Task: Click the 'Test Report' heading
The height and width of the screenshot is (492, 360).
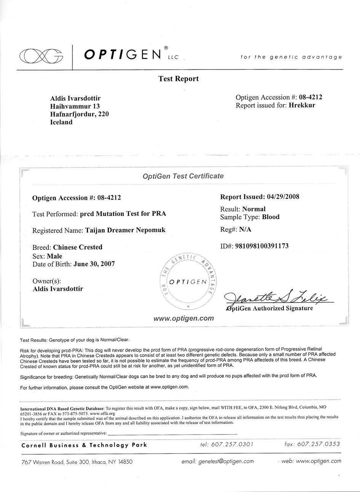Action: (178, 79)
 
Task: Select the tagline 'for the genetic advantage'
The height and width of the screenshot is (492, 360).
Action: (291, 57)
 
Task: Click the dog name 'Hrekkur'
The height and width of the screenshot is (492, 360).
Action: (302, 105)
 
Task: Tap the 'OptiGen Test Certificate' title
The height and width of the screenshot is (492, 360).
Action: (183, 176)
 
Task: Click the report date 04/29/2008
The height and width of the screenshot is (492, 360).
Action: (283, 197)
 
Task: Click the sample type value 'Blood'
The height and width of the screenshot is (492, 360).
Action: (271, 217)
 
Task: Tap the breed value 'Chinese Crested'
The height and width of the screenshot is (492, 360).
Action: (78, 247)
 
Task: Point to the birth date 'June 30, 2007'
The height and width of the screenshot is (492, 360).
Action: (94, 264)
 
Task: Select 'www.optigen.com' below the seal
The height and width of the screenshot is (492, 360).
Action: (184, 318)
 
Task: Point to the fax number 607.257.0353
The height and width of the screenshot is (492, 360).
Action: (313, 444)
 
